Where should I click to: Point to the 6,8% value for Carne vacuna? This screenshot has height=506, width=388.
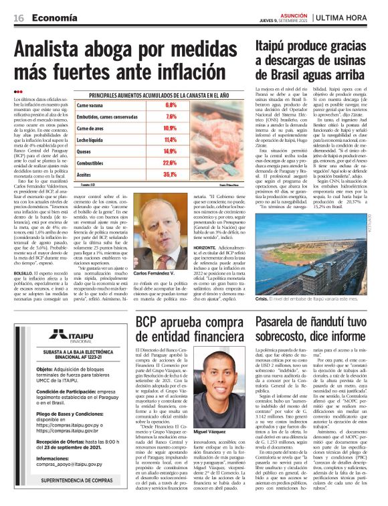[x=171, y=106]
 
